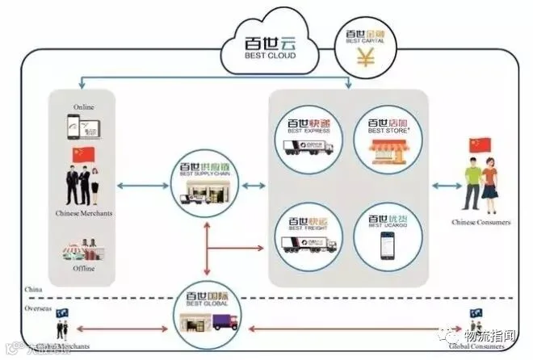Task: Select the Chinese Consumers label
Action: (483, 220)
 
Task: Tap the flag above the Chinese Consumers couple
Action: (480, 146)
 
